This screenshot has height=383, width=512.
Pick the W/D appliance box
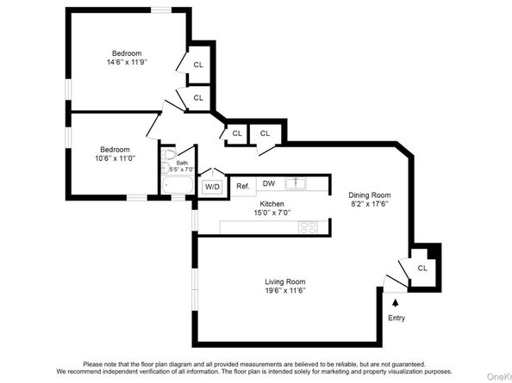(x=212, y=186)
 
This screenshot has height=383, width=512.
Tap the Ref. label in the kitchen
(x=242, y=185)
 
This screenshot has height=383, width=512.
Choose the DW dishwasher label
(x=268, y=183)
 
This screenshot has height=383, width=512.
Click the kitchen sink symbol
(x=297, y=182)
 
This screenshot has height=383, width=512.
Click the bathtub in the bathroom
(x=178, y=185)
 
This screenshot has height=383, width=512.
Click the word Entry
(x=396, y=318)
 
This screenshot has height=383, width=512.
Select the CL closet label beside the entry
(x=421, y=268)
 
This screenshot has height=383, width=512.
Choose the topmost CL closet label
(x=198, y=65)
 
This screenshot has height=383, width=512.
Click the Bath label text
(x=182, y=163)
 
